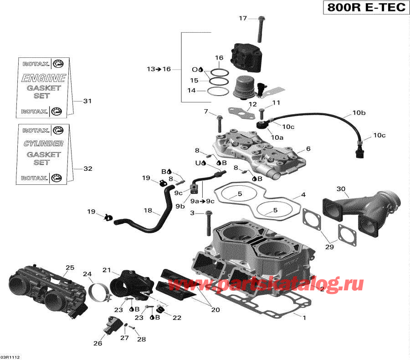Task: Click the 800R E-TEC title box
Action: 365,9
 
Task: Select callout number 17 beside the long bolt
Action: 243,18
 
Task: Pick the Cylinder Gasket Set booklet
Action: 44,153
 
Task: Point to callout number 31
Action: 87,101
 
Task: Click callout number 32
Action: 87,169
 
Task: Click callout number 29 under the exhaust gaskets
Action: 329,247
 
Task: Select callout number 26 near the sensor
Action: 97,344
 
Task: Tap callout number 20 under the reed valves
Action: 215,310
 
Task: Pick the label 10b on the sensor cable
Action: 359,112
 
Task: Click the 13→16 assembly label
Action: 159,69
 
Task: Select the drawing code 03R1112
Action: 10,357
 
